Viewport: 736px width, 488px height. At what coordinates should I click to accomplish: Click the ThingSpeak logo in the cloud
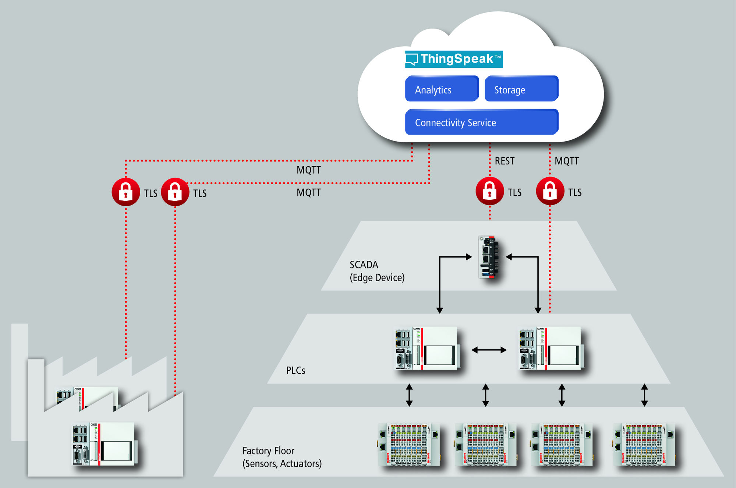[x=454, y=59]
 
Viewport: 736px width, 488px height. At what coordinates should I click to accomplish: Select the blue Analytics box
[x=442, y=89]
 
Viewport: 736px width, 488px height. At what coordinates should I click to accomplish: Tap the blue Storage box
[x=521, y=89]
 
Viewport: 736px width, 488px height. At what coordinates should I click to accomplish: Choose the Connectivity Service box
[x=481, y=122]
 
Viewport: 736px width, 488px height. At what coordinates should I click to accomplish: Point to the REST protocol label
[x=505, y=161]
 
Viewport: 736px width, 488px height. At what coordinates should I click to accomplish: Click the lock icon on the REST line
[x=489, y=191]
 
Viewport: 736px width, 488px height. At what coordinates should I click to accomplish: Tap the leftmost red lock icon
[x=126, y=192]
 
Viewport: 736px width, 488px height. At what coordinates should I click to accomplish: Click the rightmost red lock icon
[x=550, y=191]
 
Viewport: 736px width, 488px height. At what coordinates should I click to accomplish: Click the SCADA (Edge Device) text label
[x=377, y=271]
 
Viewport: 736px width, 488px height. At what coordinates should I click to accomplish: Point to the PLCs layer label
[x=296, y=370]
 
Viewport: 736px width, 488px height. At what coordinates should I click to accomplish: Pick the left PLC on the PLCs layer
[x=426, y=348]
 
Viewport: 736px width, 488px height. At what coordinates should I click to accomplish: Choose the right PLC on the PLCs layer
[x=550, y=348]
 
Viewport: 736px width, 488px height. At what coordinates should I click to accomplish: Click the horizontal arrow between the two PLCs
[x=489, y=350]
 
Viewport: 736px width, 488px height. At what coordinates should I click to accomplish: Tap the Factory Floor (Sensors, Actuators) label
[x=282, y=457]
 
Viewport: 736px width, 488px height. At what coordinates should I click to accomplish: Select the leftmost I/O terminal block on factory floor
[x=409, y=445]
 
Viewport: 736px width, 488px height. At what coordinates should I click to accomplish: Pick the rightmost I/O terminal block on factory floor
[x=644, y=445]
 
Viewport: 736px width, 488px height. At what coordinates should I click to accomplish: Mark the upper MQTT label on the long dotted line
[x=308, y=170]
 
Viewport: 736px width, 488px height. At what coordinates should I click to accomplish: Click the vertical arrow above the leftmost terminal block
[x=409, y=395]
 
